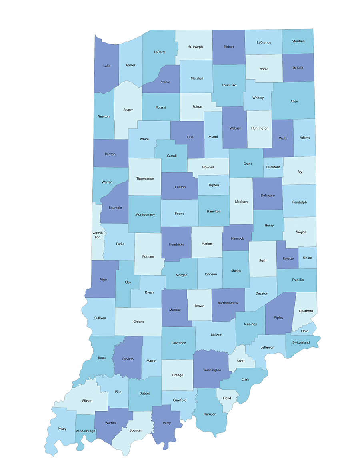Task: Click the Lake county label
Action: point(107,66)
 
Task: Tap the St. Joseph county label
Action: point(195,47)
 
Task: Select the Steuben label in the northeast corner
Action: point(298,41)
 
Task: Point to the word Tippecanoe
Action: point(145,178)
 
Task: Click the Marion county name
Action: point(207,244)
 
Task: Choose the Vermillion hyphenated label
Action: point(98,235)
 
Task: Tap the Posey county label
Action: point(62,429)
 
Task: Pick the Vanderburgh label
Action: point(85,431)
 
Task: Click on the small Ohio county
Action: point(305,331)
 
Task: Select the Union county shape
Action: point(308,258)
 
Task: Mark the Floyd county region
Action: point(227,398)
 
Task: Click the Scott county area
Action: point(241,360)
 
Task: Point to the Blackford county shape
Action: point(273,167)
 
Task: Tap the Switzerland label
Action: point(301,342)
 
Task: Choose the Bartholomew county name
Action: point(228,303)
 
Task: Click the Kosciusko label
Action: point(229,85)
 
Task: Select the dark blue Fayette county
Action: point(288,258)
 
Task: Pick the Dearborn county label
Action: point(306,311)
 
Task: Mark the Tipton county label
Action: point(214,185)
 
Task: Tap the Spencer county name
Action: point(136,430)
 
